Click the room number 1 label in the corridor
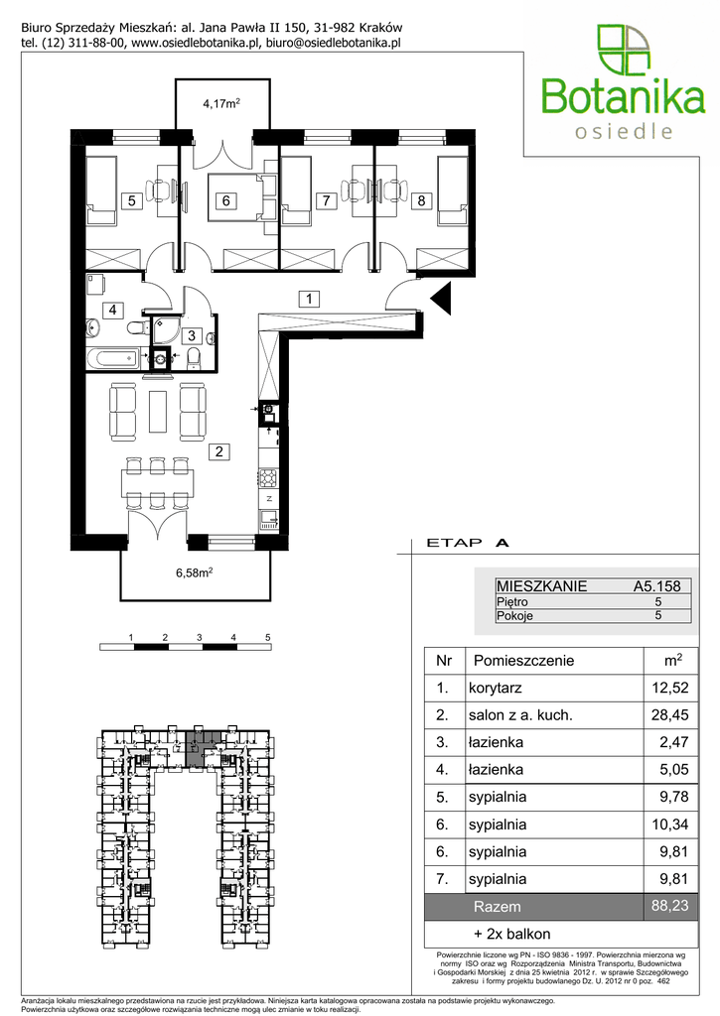coord(310,299)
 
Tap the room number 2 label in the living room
coord(219,451)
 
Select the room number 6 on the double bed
coord(225,200)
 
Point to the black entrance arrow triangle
coord(442,299)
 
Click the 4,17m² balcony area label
coord(221,103)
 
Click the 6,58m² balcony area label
coord(195,572)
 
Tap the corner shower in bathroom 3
coord(167,330)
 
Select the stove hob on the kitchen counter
coord(267,477)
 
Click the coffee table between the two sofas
coord(158,411)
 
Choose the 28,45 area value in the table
coord(670,715)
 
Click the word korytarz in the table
coord(495,689)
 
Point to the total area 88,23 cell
coord(670,906)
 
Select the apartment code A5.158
coord(657,586)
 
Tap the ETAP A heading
coord(467,543)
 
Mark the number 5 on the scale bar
coord(267,638)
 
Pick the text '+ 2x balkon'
coord(512,934)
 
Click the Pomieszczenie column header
coord(524,661)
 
